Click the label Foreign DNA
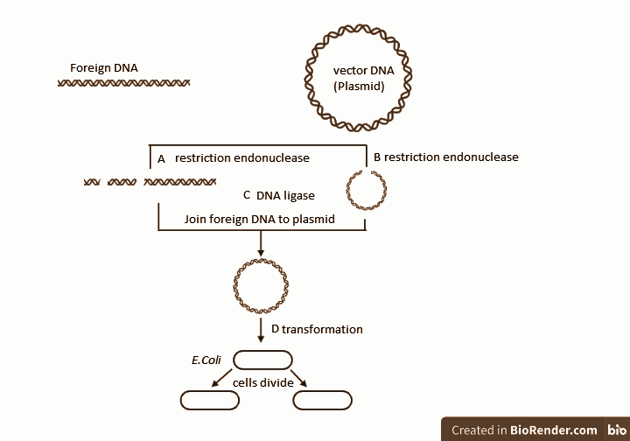(103, 67)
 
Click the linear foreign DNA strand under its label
(123, 83)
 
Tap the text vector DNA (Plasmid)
(359, 78)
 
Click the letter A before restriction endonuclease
(161, 159)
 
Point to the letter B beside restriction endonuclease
(377, 157)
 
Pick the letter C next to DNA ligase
(247, 195)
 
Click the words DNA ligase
(285, 195)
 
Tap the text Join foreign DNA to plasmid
(260, 219)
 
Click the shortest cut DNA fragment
(91, 182)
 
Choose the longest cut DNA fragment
(180, 182)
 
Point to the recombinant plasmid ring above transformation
(260, 283)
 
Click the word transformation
(322, 330)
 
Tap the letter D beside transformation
(275, 330)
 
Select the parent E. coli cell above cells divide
(262, 360)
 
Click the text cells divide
(262, 382)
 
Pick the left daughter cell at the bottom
(210, 401)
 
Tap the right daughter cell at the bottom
(323, 401)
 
